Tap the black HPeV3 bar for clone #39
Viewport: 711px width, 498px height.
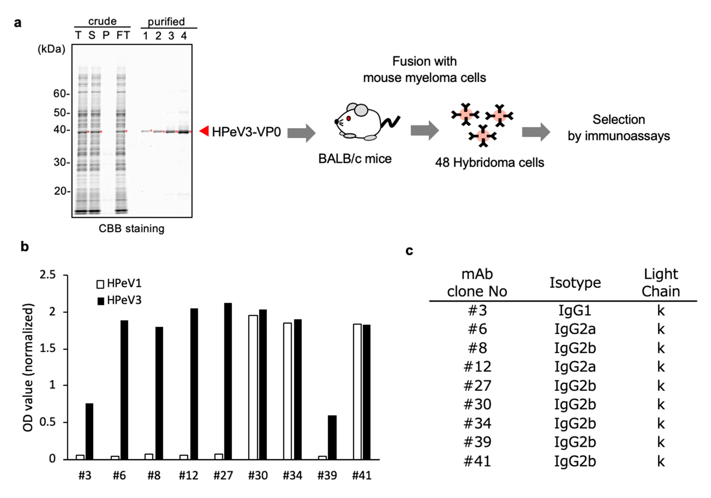click(332, 437)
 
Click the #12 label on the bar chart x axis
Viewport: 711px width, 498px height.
click(188, 475)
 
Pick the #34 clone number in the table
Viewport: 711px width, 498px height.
click(477, 423)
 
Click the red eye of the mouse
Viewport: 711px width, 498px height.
click(348, 118)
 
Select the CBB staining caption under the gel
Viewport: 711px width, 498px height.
click(132, 229)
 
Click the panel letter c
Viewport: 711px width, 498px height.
click(409, 251)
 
